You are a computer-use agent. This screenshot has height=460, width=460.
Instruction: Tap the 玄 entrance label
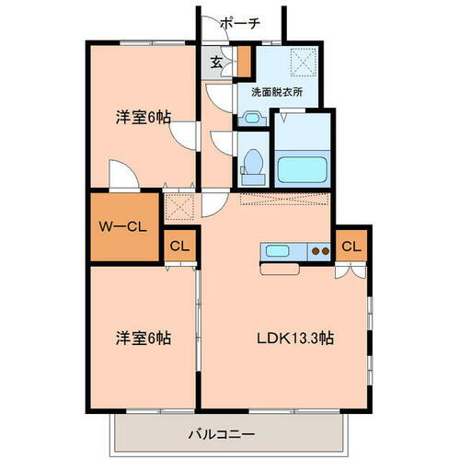click(215, 63)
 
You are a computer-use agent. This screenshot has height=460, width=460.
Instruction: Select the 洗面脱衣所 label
click(277, 92)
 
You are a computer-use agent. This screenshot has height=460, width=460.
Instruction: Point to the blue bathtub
click(303, 168)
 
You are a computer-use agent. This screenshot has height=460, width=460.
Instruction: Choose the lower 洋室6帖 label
click(144, 338)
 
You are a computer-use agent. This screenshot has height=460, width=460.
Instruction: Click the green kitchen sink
click(279, 249)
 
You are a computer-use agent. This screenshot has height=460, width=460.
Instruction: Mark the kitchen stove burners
click(319, 249)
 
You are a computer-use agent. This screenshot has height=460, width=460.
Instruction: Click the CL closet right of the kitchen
click(351, 246)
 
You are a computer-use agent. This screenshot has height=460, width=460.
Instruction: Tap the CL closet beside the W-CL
click(178, 246)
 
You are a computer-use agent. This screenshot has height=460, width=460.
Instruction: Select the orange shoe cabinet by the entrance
click(245, 62)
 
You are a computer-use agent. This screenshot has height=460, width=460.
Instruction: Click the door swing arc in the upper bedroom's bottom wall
click(122, 174)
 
